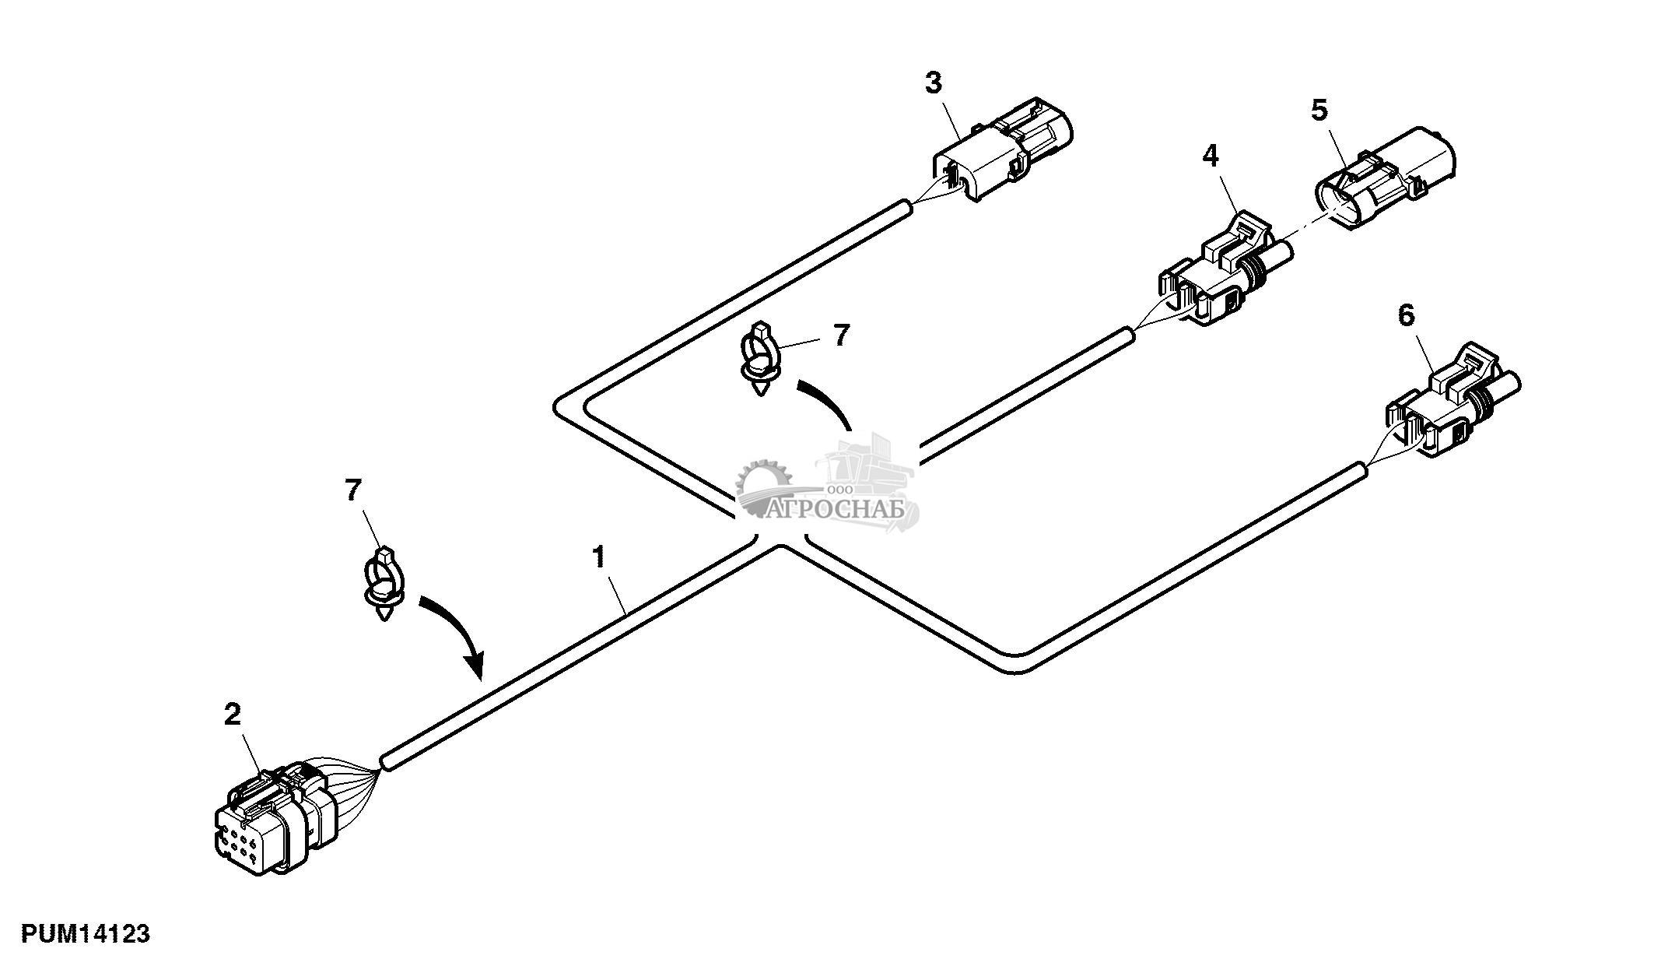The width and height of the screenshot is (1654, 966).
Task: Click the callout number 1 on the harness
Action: click(598, 557)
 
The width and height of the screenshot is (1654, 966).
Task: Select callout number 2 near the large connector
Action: click(233, 715)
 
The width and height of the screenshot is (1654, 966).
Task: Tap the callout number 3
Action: click(934, 83)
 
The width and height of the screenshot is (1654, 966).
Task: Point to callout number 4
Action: click(1210, 156)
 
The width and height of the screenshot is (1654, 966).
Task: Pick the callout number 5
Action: click(1319, 111)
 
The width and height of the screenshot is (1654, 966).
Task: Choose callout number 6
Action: click(1406, 315)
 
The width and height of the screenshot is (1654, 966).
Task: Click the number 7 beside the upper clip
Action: click(841, 335)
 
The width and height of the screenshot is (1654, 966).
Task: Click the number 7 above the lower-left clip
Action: click(353, 490)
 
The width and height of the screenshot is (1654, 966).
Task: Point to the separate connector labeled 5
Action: click(1385, 177)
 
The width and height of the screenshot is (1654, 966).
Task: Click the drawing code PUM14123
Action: click(86, 934)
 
